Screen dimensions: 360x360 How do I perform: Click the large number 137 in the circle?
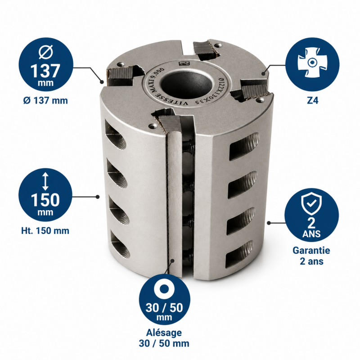click(45, 71)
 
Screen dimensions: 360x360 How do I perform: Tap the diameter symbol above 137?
click(45, 52)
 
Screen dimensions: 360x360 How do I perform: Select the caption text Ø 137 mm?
click(45, 100)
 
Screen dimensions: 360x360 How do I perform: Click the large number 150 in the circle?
click(45, 200)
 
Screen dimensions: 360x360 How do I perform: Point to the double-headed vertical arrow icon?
click(45, 181)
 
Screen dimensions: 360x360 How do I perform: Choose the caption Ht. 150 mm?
click(45, 230)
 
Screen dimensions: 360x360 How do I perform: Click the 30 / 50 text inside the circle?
click(164, 308)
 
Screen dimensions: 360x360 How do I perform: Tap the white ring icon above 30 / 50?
click(164, 289)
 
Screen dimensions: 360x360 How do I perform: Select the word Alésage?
click(164, 333)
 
